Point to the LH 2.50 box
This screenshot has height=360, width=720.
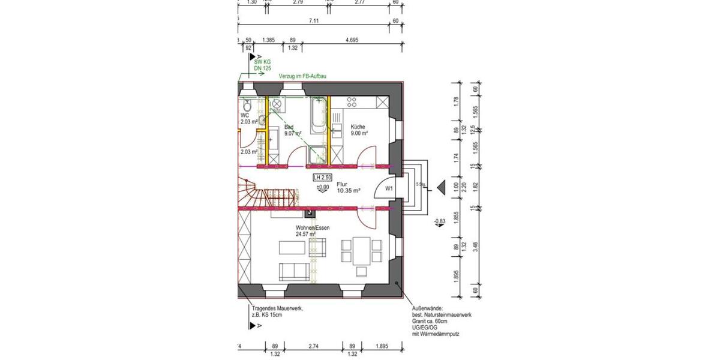click(x=322, y=177)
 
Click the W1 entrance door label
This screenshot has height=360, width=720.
click(x=389, y=188)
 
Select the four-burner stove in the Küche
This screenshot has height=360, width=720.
click(x=353, y=103)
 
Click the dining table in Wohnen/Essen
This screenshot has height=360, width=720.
click(x=361, y=250)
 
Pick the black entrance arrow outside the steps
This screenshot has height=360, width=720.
click(x=441, y=188)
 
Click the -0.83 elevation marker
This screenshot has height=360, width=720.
click(x=439, y=222)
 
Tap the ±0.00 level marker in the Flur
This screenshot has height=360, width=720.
click(x=322, y=188)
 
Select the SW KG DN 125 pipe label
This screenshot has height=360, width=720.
click(x=262, y=65)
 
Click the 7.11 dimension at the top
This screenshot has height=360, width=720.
click(x=314, y=20)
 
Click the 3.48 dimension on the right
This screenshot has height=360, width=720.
click(x=475, y=246)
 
